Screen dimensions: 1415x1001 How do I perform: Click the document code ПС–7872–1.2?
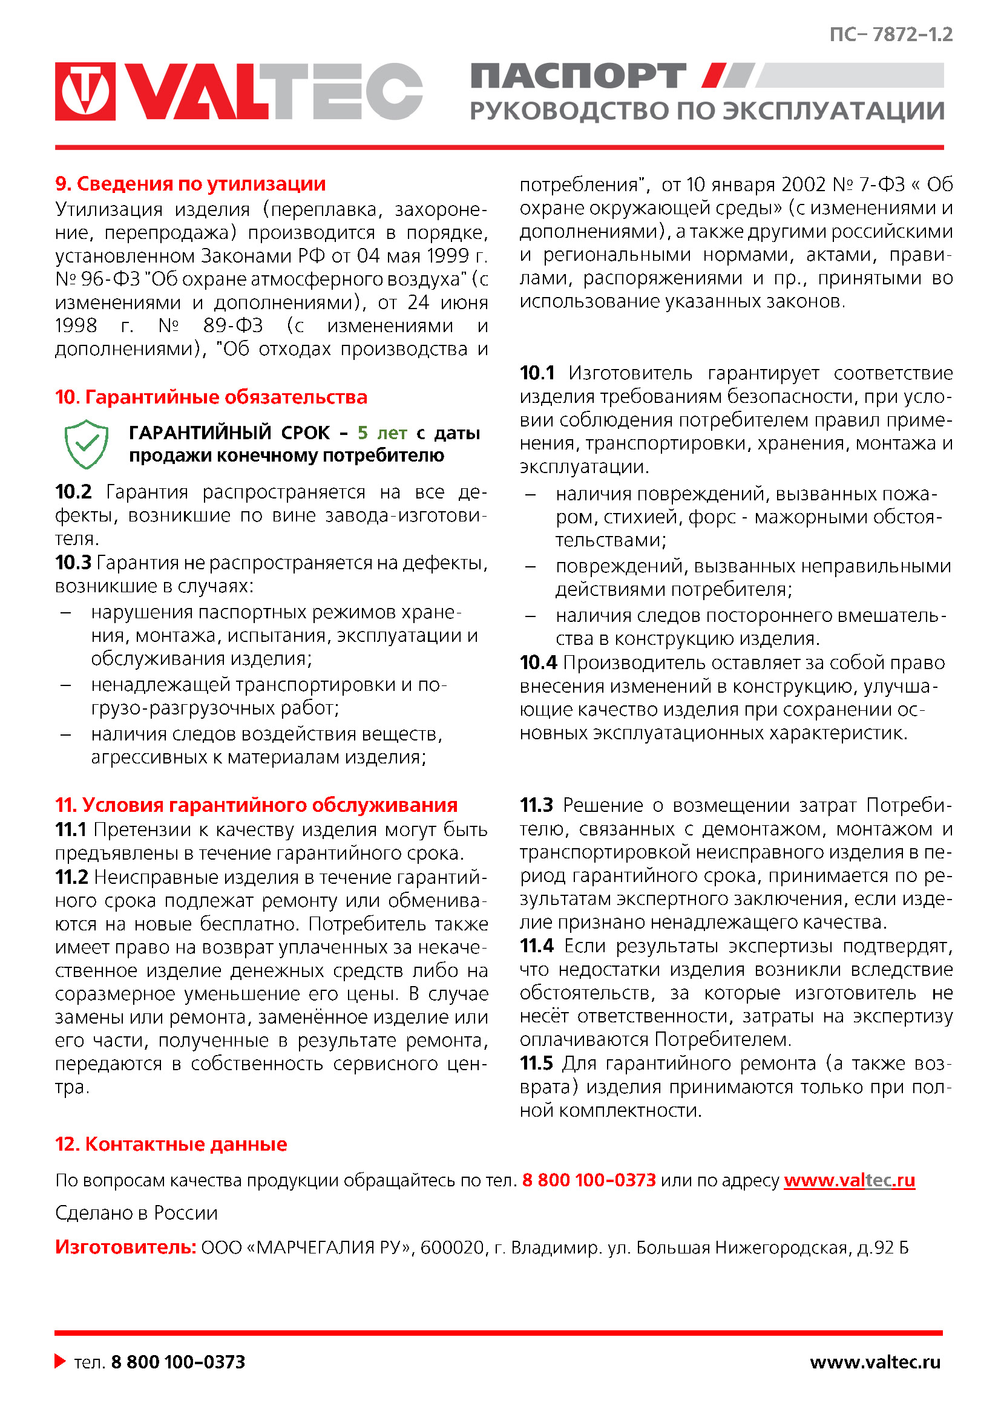(x=891, y=34)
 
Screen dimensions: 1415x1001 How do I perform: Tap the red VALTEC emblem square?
(x=85, y=91)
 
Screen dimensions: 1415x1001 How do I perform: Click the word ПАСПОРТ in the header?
(x=578, y=76)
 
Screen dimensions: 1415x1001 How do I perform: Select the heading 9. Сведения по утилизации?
(x=191, y=184)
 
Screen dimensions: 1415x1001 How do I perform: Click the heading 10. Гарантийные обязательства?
(x=211, y=397)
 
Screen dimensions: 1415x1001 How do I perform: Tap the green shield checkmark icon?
(x=87, y=443)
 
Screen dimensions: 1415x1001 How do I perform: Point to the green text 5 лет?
(x=382, y=433)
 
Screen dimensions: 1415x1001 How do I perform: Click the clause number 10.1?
(x=537, y=373)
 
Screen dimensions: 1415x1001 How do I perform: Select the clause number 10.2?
(x=73, y=492)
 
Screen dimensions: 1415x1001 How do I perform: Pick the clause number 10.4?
(x=538, y=662)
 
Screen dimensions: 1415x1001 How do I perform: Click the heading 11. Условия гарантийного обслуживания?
(x=256, y=805)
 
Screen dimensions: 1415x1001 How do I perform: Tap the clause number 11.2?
(x=71, y=877)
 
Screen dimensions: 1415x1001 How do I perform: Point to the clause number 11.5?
(x=536, y=1063)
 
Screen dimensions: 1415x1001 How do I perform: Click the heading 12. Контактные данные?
(x=171, y=1144)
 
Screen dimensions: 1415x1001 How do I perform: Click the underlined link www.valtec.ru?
(x=848, y=1180)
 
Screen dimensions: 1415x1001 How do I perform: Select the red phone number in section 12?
(x=589, y=1180)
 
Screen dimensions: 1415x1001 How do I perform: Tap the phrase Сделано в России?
(x=136, y=1213)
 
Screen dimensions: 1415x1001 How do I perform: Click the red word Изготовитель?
(x=126, y=1247)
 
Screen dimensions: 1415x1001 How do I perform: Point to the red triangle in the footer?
(x=60, y=1361)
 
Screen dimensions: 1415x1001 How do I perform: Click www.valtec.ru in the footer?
(x=875, y=1361)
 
